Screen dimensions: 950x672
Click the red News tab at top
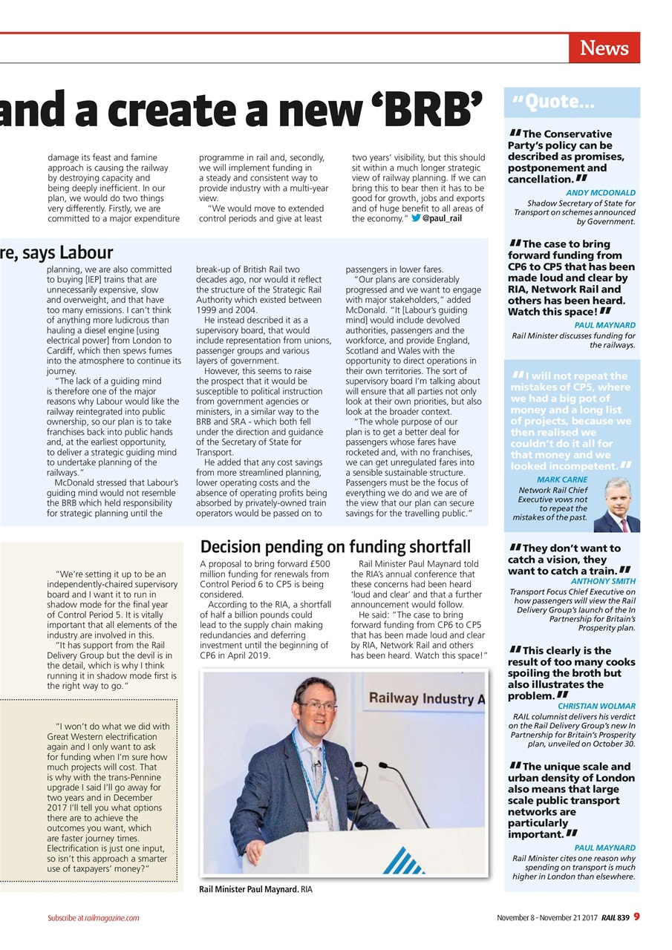tap(604, 48)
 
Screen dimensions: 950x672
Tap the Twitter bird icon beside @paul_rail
tap(416, 219)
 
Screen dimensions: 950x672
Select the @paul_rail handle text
tap(443, 219)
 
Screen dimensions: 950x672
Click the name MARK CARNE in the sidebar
tap(561, 479)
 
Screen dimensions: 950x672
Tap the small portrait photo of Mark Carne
tap(616, 505)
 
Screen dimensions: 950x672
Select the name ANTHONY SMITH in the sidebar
tap(603, 581)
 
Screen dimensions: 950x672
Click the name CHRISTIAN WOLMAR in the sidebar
tap(596, 706)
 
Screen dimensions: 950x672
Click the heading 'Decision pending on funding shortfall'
tap(336, 547)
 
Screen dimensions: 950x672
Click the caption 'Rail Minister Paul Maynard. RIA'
tap(255, 888)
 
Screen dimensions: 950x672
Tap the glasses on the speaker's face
tap(319, 706)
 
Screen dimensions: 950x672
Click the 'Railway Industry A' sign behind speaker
tap(426, 698)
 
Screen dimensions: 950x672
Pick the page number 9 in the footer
tap(636, 917)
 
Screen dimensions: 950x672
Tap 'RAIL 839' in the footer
tap(616, 917)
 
